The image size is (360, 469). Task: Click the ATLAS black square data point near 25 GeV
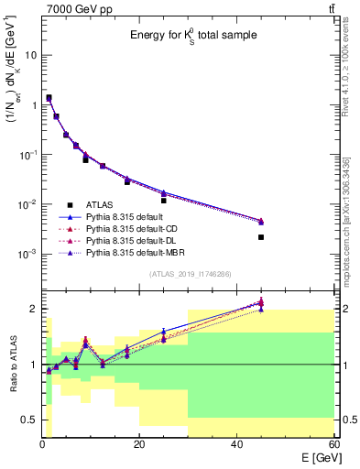point(163,201)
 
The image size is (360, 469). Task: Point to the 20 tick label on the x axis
point(138,443)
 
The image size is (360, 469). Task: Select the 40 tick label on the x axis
point(237,443)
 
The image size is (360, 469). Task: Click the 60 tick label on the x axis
point(333,443)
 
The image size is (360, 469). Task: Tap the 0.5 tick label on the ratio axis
point(29,420)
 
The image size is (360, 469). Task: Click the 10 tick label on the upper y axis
point(31,55)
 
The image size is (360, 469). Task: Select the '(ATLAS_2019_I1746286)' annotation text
point(191,274)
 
